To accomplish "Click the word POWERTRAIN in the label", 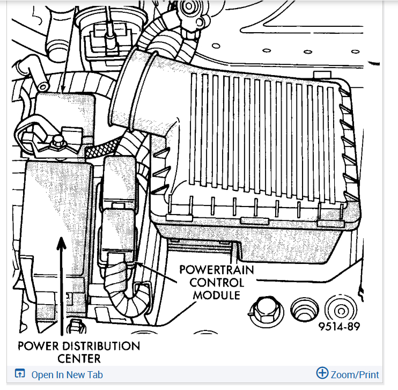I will pyautogui.click(x=216, y=270).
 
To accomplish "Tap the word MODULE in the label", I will pyautogui.click(x=216, y=295).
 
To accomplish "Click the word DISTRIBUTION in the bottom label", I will pyautogui.click(x=94, y=346).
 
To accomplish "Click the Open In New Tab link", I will pyautogui.click(x=67, y=375).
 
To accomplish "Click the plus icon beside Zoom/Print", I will pyautogui.click(x=322, y=373).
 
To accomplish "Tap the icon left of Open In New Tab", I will pyautogui.click(x=20, y=374).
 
